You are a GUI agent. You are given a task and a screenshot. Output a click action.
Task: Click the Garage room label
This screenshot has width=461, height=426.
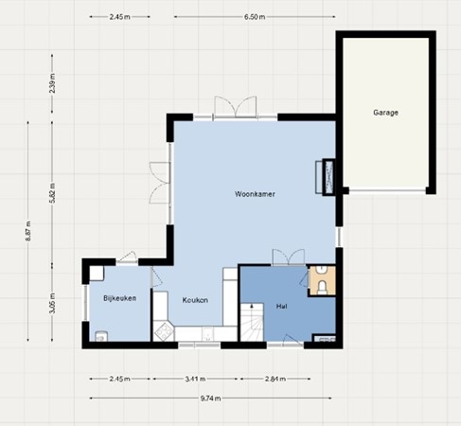[385, 113]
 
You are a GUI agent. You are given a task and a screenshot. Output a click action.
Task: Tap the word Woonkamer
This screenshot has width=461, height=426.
[254, 194]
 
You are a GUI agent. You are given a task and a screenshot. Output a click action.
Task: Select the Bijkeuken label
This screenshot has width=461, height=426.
[120, 299]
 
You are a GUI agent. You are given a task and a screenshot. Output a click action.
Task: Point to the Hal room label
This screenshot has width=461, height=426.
[281, 308]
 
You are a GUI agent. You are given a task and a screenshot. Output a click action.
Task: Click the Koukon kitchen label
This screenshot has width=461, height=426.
[195, 300]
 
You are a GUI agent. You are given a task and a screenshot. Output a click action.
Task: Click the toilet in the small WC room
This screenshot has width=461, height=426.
[324, 283]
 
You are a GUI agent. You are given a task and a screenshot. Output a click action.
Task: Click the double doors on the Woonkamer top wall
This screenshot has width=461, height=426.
[233, 106]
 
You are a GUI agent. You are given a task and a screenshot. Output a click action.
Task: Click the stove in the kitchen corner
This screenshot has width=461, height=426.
[163, 331]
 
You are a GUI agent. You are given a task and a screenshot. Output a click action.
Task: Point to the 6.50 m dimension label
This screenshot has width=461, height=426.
[254, 17]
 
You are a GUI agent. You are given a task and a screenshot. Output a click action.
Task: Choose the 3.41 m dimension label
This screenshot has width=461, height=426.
[194, 380]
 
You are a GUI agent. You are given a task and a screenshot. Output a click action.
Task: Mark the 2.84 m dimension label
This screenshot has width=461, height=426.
[275, 380]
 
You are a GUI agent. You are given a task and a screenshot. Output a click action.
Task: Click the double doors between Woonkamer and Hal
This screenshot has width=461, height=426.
[287, 257]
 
